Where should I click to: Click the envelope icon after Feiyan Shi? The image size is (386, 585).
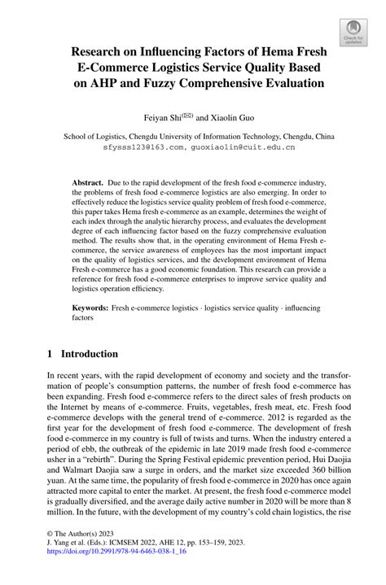[189, 115]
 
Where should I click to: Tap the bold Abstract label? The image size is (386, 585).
[90, 185]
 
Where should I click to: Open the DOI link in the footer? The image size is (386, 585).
[117, 571]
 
